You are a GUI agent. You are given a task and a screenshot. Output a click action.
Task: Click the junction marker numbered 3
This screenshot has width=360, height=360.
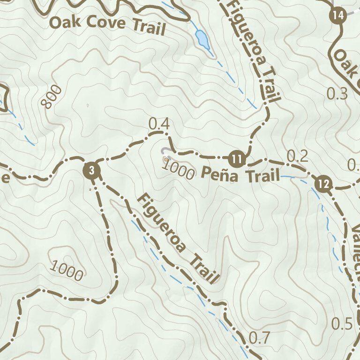[92, 170]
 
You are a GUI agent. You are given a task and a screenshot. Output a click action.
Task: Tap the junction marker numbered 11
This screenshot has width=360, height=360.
[238, 159]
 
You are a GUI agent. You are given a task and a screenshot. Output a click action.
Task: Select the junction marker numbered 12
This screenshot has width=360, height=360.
[323, 184]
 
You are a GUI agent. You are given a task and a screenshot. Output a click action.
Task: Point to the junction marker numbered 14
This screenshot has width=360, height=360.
[337, 15]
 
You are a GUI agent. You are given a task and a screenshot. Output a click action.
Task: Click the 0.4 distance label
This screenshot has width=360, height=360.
[158, 125]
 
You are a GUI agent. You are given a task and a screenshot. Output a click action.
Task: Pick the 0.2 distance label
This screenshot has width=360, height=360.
[297, 156]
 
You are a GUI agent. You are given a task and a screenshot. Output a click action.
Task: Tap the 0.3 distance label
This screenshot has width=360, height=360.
[337, 94]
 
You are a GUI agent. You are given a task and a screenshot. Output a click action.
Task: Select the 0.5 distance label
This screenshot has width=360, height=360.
[342, 323]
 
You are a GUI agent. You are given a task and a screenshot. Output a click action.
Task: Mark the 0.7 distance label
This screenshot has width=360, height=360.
[260, 337]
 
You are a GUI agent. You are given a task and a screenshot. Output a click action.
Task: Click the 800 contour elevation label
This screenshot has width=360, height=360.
[52, 97]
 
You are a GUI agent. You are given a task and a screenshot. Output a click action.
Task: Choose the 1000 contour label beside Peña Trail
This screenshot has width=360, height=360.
[180, 172]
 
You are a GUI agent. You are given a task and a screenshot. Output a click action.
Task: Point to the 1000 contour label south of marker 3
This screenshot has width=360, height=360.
[67, 271]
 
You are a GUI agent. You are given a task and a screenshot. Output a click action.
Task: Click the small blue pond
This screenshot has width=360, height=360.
[202, 39]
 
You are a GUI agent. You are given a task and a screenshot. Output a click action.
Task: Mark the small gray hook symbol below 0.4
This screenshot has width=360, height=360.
[165, 151]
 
